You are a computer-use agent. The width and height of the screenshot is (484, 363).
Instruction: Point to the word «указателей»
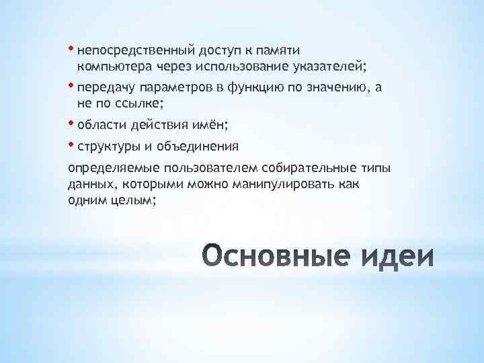[330, 67]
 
